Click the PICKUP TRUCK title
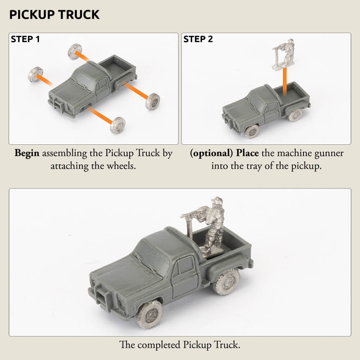coord(54,15)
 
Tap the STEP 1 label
coord(25,39)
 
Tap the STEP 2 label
coord(198,39)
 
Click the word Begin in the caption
coord(27,153)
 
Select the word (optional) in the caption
coord(211,153)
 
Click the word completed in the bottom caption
coord(159,345)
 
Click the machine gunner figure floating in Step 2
coord(283,54)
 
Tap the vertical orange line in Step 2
coord(285,82)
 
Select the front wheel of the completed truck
coord(149,314)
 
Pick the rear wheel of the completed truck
coord(226,282)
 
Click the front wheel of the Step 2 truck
coord(252,131)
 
